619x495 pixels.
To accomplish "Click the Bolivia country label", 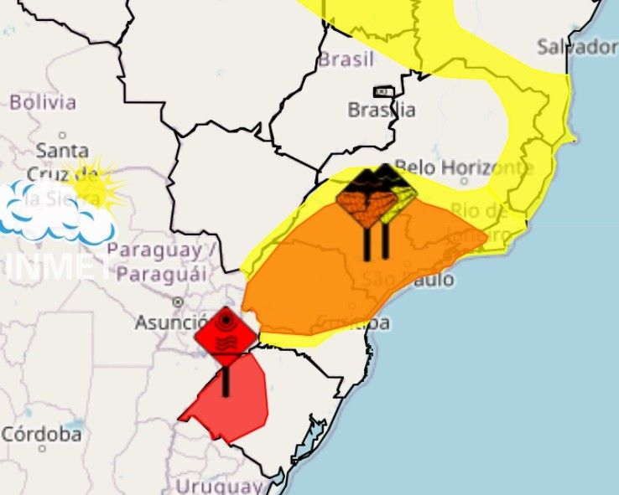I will coord(42,103).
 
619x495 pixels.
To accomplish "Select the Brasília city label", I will coord(382,110).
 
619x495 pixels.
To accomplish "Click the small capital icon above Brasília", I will coord(383,91).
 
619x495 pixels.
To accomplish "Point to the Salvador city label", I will coord(577,47).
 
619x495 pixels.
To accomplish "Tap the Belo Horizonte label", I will coord(463,168).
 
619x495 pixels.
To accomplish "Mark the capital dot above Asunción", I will coord(178,302).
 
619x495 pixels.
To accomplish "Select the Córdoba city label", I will coord(41,435).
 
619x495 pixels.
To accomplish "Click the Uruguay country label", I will coord(218,486).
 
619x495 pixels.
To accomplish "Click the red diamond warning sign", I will coord(226,335).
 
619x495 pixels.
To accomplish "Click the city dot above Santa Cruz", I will coord(63,135).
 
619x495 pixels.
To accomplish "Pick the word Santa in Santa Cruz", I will coord(62,152).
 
